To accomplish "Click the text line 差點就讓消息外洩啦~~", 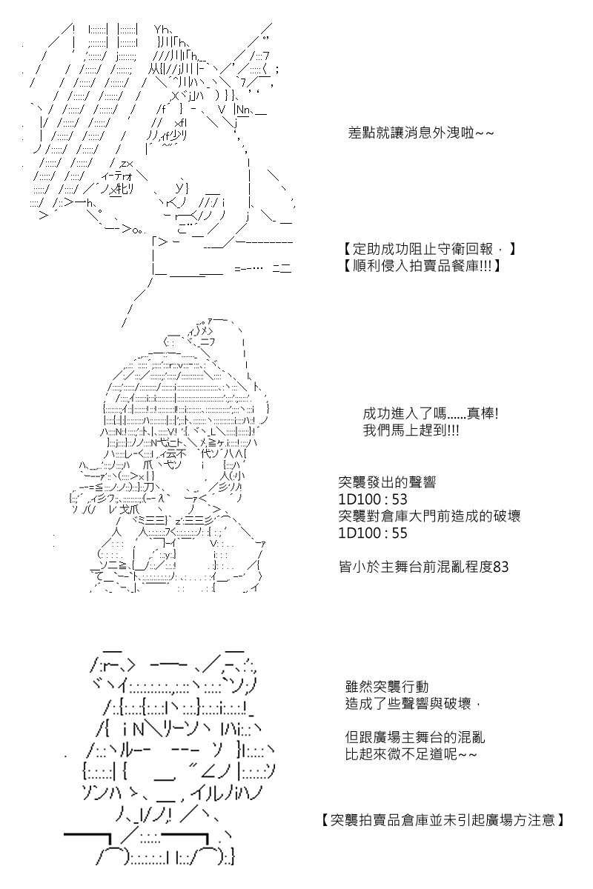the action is point(420,133).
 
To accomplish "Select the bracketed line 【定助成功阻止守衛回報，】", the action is point(429,249).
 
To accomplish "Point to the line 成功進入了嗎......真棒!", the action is point(431,414).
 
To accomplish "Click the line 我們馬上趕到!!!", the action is point(411,430).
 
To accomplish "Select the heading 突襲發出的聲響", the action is point(387,482).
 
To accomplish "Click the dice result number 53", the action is point(400,499).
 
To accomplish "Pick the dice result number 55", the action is point(400,533).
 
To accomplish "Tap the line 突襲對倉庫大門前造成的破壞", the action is point(429,516).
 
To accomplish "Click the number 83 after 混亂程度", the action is point(500,567).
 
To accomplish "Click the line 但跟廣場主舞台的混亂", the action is point(415,737).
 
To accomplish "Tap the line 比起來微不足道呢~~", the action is point(411,754).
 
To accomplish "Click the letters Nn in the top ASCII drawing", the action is point(243,109).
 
